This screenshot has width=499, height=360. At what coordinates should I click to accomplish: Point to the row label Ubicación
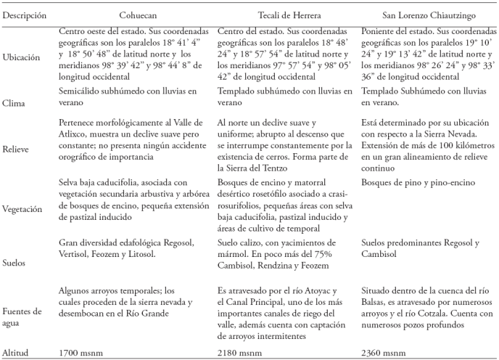(x=22, y=57)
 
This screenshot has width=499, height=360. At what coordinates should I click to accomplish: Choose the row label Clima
(x=16, y=103)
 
